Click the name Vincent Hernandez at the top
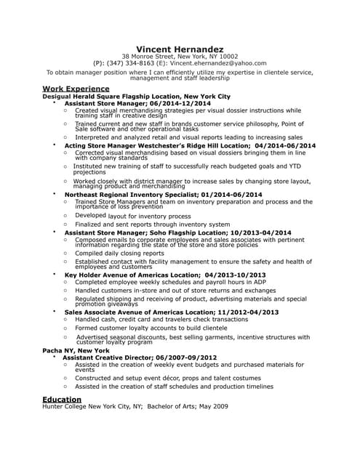coord(180,48)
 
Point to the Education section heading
coord(62,399)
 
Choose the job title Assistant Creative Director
coord(108,357)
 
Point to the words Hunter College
coord(66,407)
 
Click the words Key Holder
coord(82,275)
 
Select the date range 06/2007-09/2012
coord(186,357)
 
